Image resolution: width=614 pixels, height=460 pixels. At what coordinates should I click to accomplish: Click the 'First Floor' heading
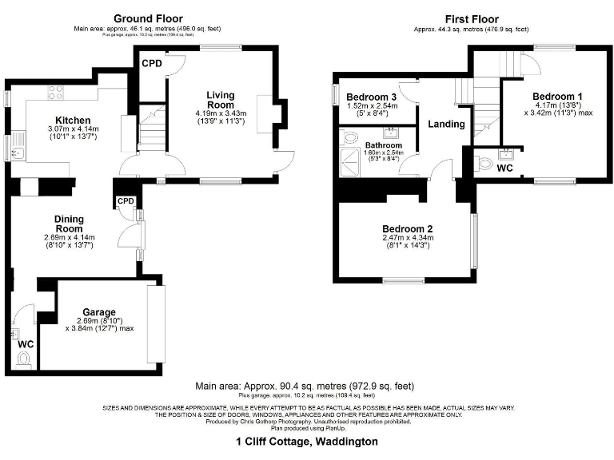(472, 18)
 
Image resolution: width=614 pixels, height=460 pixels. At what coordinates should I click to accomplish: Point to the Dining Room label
(69, 223)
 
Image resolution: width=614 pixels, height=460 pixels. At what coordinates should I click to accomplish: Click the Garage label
(100, 312)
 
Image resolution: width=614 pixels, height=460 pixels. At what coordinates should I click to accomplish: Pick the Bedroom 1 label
(557, 97)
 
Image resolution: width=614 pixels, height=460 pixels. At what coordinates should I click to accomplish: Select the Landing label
(447, 125)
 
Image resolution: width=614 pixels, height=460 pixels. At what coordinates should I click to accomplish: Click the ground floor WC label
(26, 344)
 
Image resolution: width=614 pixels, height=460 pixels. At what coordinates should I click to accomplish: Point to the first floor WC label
(504, 169)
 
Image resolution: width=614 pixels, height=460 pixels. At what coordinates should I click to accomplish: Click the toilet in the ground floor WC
(22, 361)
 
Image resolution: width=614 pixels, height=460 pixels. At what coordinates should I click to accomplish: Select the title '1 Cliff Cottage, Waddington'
(307, 441)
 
